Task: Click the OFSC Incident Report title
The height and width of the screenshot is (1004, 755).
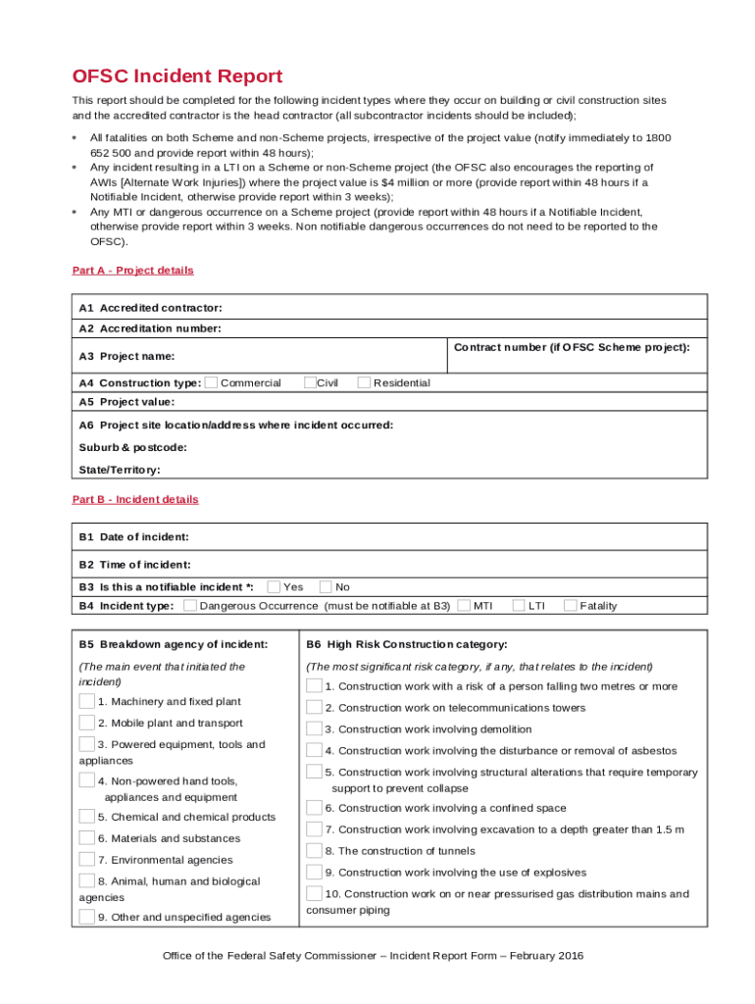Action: pos(177,76)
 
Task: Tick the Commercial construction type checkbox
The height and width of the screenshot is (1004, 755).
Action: pos(212,382)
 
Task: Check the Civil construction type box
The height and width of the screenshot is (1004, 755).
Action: pos(310,382)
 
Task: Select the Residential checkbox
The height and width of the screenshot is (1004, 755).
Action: pos(365,382)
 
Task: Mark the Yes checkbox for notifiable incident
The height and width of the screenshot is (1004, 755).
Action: pos(275,587)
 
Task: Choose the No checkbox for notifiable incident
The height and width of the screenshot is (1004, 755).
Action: pos(326,587)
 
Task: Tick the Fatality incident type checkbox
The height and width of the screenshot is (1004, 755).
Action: pos(571,606)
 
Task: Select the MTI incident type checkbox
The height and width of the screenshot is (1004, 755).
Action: pos(464,606)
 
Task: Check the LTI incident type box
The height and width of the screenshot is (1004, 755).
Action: pos(519,606)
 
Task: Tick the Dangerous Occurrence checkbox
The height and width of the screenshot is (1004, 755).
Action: pos(190,606)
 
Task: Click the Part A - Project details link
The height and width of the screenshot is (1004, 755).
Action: pos(133,271)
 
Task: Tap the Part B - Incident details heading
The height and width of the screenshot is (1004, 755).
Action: pos(135,499)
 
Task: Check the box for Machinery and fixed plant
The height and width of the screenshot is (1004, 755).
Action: pos(87,701)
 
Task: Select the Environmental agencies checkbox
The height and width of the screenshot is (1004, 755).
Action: pos(87,860)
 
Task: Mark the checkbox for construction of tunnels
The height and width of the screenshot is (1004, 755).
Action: pos(314,850)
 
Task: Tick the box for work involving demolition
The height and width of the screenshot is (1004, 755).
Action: pos(314,728)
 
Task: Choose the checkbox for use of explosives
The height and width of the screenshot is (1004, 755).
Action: pos(314,872)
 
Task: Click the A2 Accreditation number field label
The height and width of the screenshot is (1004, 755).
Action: pos(150,328)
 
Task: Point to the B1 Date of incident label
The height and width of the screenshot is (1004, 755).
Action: pos(134,536)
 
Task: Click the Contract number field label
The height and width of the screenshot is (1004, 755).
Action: pos(572,347)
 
